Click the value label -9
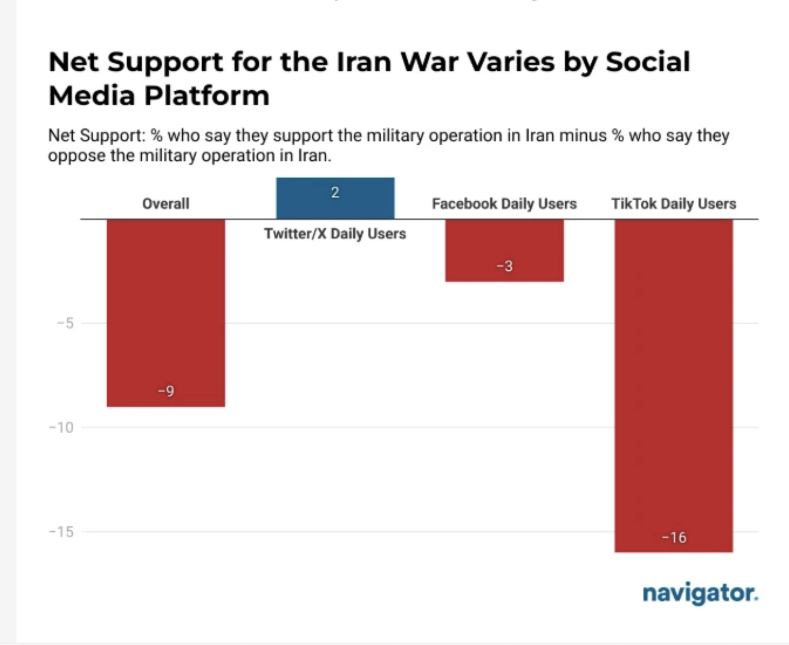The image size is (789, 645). [166, 391]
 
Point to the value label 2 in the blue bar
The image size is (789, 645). [335, 193]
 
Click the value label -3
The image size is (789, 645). [505, 266]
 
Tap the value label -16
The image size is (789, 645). [674, 537]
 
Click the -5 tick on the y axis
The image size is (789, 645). [66, 323]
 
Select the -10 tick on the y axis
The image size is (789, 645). [61, 428]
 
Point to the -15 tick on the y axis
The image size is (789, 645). [61, 532]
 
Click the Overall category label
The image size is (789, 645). [166, 203]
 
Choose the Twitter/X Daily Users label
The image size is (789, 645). [335, 234]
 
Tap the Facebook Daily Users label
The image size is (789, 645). [504, 203]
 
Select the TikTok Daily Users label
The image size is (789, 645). [674, 203]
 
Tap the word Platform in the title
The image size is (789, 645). [207, 96]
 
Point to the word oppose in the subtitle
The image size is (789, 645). [76, 155]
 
